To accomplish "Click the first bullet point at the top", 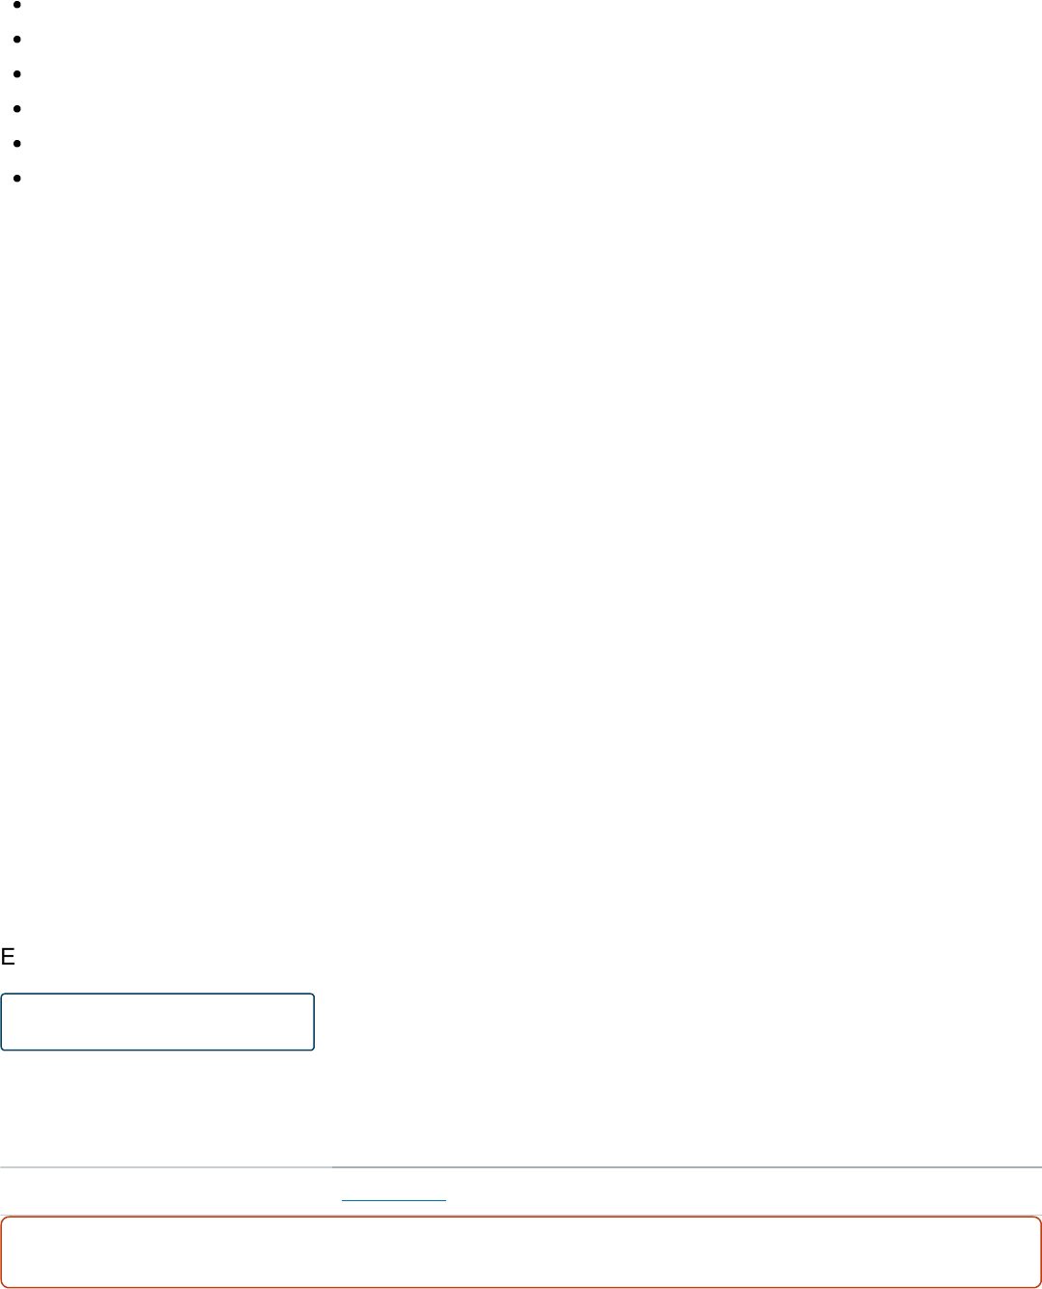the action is pos(18,5).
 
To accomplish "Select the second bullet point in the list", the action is pos(18,40).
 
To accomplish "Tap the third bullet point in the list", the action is pos(18,74).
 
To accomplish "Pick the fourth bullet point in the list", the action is pos(18,109).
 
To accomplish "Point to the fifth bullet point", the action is pos(18,144).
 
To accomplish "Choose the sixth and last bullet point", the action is pos(18,179).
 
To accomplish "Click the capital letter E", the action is pos(8,957).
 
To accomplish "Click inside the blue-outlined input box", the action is pos(157,1022).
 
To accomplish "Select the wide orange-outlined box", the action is pos(521,1252).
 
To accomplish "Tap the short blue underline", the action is pos(394,1199).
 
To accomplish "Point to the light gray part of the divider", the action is pos(165,1167).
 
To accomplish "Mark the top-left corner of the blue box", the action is pos(2,995).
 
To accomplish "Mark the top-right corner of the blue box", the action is pos(314,995).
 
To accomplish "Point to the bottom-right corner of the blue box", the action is pos(314,1049).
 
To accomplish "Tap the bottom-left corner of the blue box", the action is pos(2,1049).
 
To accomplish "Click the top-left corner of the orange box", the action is pos(2,1219).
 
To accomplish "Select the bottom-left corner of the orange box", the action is pos(2,1286).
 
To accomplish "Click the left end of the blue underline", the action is pos(343,1199).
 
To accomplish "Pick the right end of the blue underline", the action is pos(445,1199).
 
